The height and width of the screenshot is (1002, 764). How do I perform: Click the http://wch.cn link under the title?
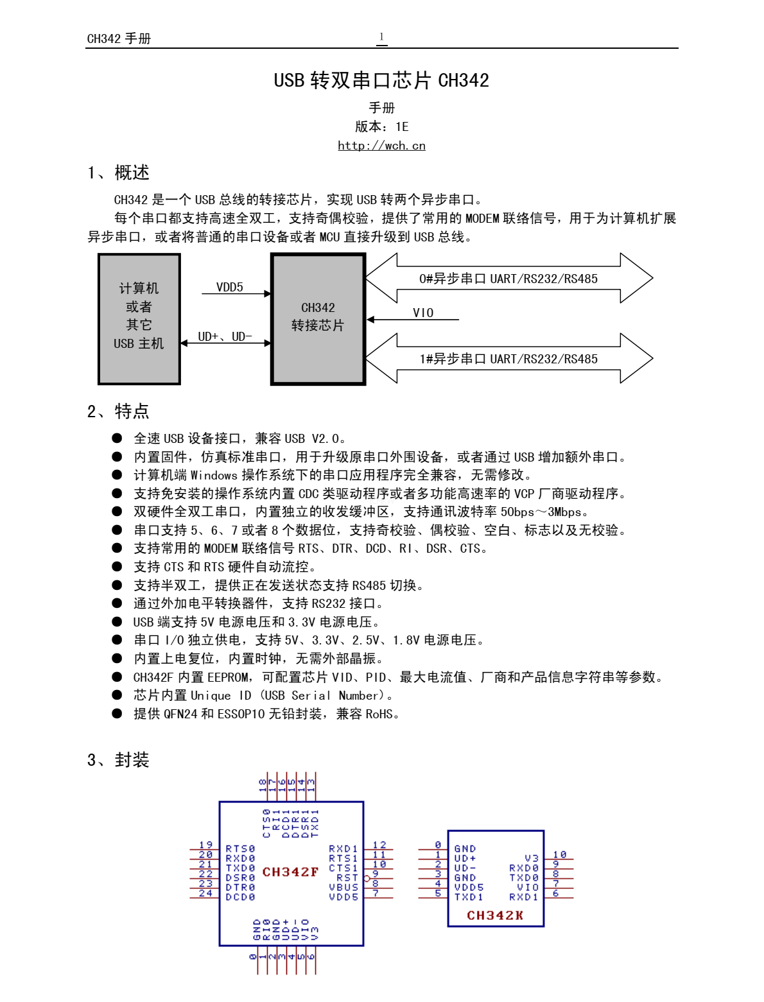pyautogui.click(x=381, y=146)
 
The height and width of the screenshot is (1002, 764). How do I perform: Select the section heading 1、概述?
pyautogui.click(x=119, y=173)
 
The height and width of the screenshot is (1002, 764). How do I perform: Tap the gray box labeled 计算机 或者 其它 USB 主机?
pyautogui.click(x=139, y=319)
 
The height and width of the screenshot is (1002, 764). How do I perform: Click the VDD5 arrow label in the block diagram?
pyautogui.click(x=229, y=287)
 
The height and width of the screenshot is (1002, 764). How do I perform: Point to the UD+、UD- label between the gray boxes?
pyautogui.click(x=225, y=336)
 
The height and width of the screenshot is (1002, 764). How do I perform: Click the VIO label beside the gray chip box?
pyautogui.click(x=423, y=313)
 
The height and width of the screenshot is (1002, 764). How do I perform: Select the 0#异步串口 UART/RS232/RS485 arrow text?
pyautogui.click(x=508, y=279)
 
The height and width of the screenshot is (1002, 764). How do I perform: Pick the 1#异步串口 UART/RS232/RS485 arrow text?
pyautogui.click(x=508, y=359)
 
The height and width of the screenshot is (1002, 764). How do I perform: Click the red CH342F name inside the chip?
pyautogui.click(x=290, y=872)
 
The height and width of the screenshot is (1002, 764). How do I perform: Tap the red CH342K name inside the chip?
pyautogui.click(x=494, y=915)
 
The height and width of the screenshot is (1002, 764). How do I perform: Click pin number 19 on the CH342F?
pyautogui.click(x=205, y=845)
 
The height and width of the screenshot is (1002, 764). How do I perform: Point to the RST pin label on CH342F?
pyautogui.click(x=347, y=877)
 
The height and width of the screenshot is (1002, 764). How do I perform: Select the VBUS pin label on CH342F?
pyautogui.click(x=343, y=887)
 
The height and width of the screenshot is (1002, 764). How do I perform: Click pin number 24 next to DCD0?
pyautogui.click(x=205, y=893)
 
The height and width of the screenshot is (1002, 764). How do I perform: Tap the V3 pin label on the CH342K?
pyautogui.click(x=532, y=858)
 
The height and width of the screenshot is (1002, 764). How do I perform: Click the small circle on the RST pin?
pyautogui.click(x=367, y=878)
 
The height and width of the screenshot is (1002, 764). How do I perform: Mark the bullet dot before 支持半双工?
pyautogui.click(x=117, y=585)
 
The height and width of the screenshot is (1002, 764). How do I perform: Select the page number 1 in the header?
pyautogui.click(x=381, y=37)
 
